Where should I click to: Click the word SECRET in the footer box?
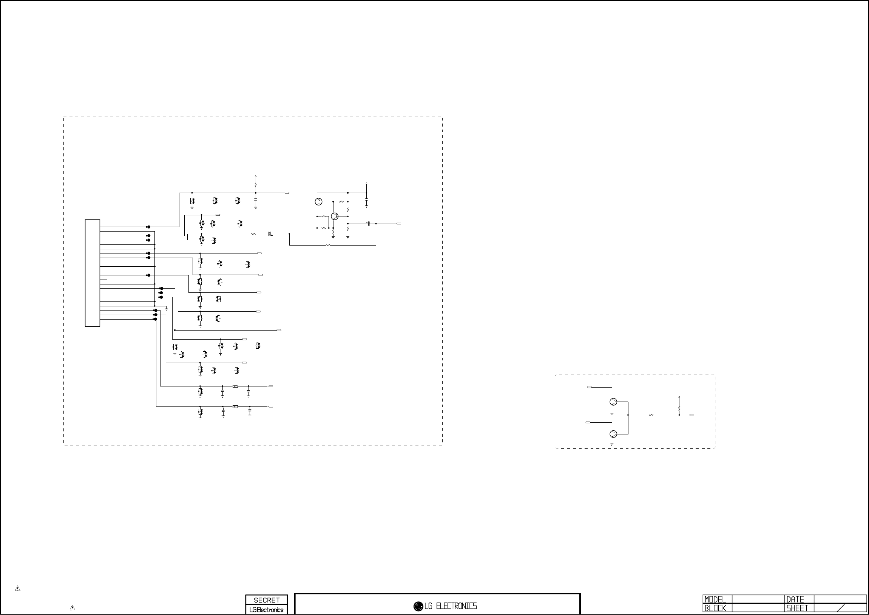coord(267,600)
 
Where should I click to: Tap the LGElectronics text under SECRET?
coord(267,610)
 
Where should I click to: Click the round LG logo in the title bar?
coord(418,606)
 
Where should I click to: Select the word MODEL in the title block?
coord(715,600)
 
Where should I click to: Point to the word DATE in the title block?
coord(795,600)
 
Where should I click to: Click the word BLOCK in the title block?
coord(715,609)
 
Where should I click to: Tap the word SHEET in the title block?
coord(797,609)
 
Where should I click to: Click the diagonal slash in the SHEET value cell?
coord(841,608)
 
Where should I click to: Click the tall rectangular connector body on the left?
coord(93,273)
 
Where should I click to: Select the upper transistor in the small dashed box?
coord(613,402)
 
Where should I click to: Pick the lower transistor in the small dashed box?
coord(613,434)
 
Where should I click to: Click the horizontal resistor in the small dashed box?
coord(651,415)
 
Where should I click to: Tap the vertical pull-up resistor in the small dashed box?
coord(679,408)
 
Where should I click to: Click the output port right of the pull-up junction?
coord(692,415)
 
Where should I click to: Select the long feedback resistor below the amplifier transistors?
coord(328,246)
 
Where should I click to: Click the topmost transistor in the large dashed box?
coord(318,201)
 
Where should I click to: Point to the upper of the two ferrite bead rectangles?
coord(235,386)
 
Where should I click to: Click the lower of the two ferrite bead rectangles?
coord(235,407)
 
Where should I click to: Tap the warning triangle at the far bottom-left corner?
coord(17,589)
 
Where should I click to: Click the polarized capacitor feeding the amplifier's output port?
coord(368,224)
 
